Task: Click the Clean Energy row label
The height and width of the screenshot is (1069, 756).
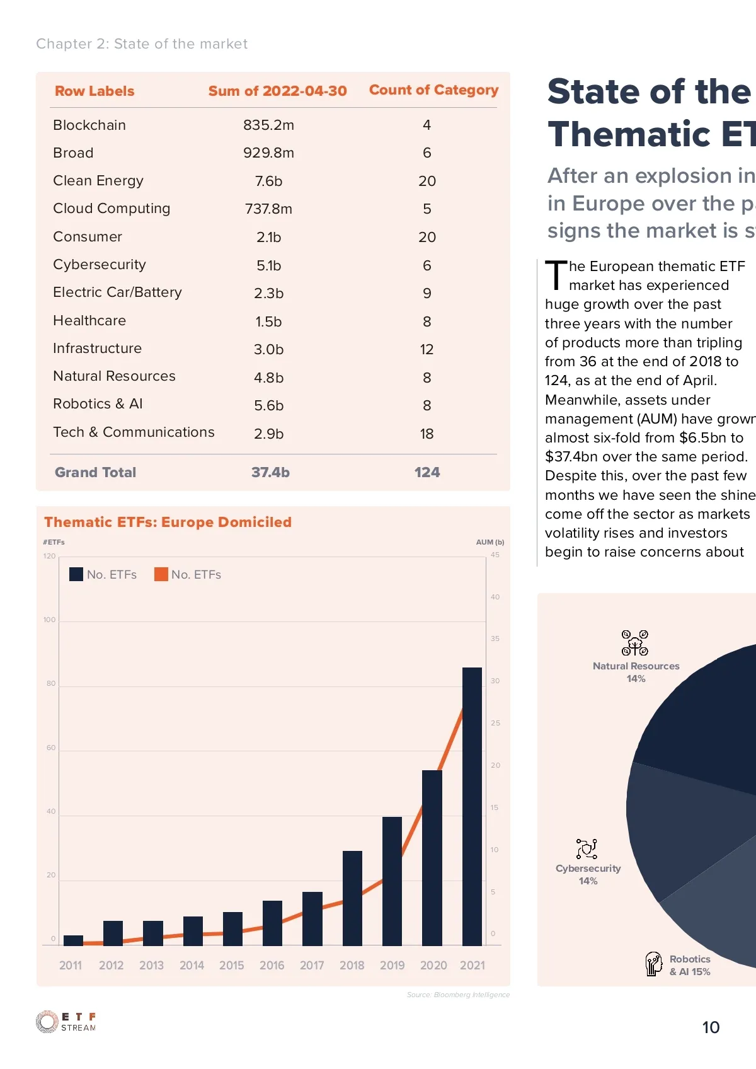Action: pyautogui.click(x=98, y=181)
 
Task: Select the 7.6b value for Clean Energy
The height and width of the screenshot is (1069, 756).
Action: pyautogui.click(x=268, y=181)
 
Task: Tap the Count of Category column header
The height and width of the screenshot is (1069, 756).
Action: pyautogui.click(x=433, y=90)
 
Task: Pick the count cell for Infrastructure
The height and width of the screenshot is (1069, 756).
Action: pyautogui.click(x=427, y=349)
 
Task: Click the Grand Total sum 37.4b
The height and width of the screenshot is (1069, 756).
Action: pyautogui.click(x=270, y=472)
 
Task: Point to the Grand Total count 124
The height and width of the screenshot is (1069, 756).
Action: pyautogui.click(x=427, y=472)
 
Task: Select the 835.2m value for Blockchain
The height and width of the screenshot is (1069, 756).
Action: pyautogui.click(x=268, y=125)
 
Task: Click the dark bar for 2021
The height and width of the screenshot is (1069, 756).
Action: pyautogui.click(x=472, y=807)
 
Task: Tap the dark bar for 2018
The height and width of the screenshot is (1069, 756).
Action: pyautogui.click(x=352, y=898)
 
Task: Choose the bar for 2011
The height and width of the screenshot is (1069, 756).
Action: pyautogui.click(x=73, y=940)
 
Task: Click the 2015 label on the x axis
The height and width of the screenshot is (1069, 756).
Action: pyautogui.click(x=231, y=965)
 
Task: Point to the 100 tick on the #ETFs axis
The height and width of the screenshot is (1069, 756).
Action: pyautogui.click(x=50, y=620)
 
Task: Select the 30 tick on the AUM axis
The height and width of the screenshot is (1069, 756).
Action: pyautogui.click(x=495, y=681)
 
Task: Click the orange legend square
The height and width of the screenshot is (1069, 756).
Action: pyautogui.click(x=161, y=574)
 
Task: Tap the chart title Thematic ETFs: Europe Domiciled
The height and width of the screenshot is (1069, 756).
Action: pyautogui.click(x=168, y=522)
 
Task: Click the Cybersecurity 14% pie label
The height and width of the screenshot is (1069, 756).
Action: pyautogui.click(x=588, y=874)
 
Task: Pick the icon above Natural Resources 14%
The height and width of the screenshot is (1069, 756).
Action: pyautogui.click(x=635, y=643)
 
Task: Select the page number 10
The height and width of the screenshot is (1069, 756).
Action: pyautogui.click(x=711, y=1027)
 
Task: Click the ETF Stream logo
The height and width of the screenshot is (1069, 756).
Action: pyautogui.click(x=66, y=1022)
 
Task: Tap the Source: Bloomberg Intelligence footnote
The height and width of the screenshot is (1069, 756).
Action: pyautogui.click(x=458, y=995)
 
